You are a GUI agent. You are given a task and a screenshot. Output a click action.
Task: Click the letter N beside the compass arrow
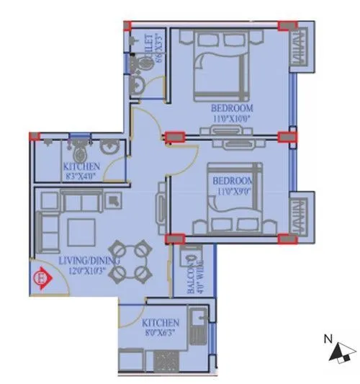(328, 339)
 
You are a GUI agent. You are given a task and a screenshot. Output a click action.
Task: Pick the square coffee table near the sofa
(81, 232)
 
